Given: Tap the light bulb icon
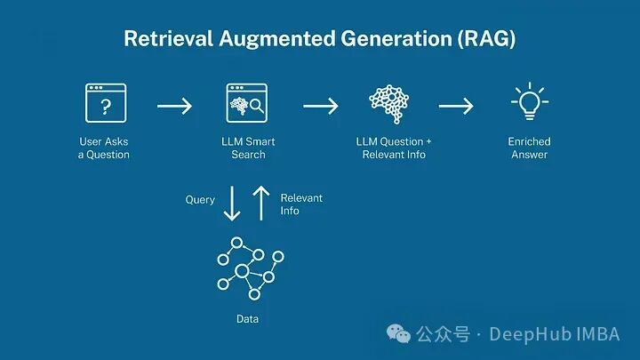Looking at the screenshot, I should coord(529,104).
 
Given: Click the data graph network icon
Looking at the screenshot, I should coord(250,268).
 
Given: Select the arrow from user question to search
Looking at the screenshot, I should coord(174,107).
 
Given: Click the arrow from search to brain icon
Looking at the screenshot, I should coord(320,107).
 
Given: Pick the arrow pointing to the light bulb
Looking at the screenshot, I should coord(456,107).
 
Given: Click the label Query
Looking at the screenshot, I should coord(200,200).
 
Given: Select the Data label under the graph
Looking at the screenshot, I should coord(248,318).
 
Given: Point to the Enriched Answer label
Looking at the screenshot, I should coord(529,148).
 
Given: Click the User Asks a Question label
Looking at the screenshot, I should coord(103,148).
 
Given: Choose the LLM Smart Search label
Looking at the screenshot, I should coord(248,148).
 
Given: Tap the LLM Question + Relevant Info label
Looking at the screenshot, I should coord(394,148).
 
